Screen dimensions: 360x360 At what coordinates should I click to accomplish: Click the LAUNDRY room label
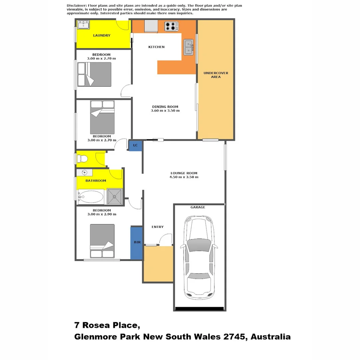(102, 35)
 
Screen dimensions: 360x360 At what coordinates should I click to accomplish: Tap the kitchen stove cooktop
(171, 26)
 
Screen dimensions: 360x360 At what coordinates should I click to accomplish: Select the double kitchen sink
(188, 47)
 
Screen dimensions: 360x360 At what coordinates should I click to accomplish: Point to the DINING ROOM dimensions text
(165, 111)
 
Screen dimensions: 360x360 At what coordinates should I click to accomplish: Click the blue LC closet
(135, 145)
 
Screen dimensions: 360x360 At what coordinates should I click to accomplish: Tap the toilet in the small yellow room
(82, 159)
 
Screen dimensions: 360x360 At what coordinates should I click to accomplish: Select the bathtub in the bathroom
(91, 197)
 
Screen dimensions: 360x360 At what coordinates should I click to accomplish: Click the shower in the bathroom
(115, 196)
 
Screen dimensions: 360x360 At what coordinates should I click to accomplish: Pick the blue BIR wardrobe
(136, 243)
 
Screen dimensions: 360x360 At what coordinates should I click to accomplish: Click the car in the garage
(199, 257)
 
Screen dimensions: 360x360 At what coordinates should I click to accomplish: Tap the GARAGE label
(198, 207)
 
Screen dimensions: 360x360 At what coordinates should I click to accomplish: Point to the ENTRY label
(158, 227)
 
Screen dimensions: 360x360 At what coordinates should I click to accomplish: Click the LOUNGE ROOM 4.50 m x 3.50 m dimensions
(184, 177)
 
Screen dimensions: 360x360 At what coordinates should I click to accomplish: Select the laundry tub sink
(83, 25)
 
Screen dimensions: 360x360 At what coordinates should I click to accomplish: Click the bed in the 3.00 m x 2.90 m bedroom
(102, 241)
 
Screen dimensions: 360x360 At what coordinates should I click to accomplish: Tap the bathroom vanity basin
(85, 172)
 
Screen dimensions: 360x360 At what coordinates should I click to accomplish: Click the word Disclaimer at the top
(76, 6)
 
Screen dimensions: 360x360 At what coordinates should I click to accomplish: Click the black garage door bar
(199, 309)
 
